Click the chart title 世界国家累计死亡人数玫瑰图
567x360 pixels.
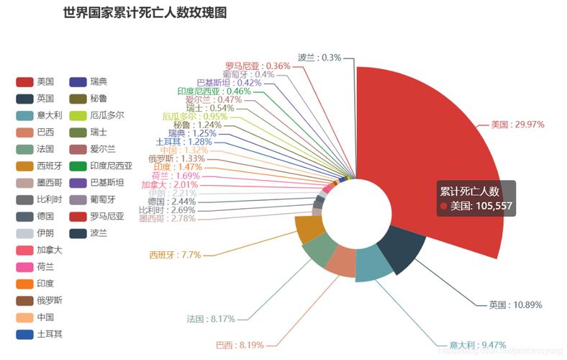(x=145, y=13)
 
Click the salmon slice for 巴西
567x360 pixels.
(x=340, y=262)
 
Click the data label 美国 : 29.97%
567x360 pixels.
(x=517, y=125)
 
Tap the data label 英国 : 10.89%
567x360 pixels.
(x=515, y=305)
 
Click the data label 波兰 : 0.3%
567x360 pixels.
(x=319, y=57)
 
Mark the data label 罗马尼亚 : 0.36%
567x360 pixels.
(x=258, y=66)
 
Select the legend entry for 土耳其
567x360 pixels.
(x=40, y=334)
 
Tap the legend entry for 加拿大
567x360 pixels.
(x=40, y=250)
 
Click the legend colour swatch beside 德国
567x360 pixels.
(x=25, y=216)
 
